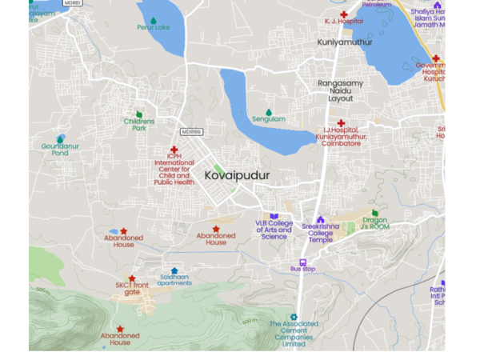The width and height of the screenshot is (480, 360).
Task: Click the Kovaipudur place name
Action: pyautogui.click(x=237, y=174)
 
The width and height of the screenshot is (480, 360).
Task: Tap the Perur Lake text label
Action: pyautogui.click(x=153, y=28)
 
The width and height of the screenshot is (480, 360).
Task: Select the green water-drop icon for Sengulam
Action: pyautogui.click(x=269, y=113)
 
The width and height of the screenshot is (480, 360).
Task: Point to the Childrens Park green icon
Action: pyautogui.click(x=139, y=114)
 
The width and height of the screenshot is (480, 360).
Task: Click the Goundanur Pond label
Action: pyautogui.click(x=60, y=150)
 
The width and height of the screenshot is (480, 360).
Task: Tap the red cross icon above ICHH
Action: pyautogui.click(x=174, y=150)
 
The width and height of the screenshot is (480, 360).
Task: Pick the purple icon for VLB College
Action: pyautogui.click(x=274, y=217)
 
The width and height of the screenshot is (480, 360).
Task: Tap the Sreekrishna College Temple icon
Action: pyautogui.click(x=321, y=219)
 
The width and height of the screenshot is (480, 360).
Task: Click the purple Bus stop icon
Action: pyautogui.click(x=302, y=262)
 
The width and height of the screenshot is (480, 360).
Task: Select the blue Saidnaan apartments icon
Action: pyautogui.click(x=174, y=270)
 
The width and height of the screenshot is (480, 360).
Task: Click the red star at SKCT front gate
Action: pyautogui.click(x=132, y=278)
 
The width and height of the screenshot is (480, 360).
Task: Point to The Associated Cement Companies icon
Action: pyautogui.click(x=294, y=317)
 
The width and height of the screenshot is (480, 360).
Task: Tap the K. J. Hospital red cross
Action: pyautogui.click(x=344, y=14)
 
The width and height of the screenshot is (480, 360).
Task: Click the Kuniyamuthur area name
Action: pyautogui.click(x=345, y=42)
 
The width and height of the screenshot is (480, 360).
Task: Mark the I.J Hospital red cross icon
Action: pyautogui.click(x=341, y=123)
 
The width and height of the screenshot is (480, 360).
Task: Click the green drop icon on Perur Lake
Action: pyautogui.click(x=153, y=20)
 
